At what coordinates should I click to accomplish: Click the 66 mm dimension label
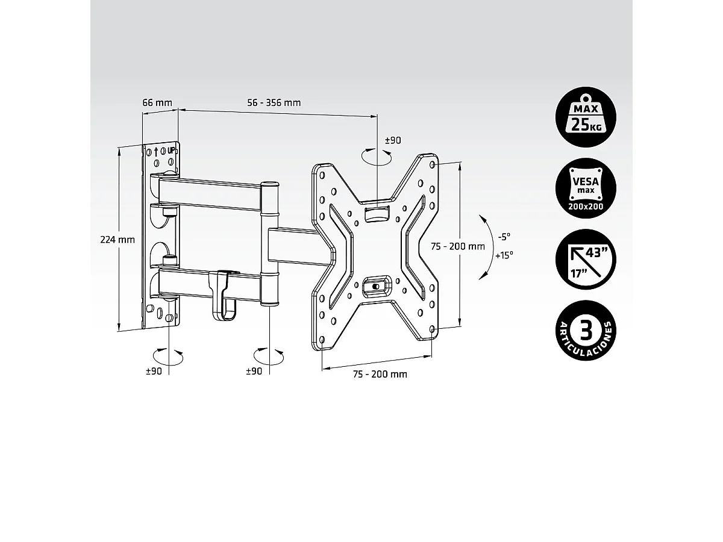tap(157, 102)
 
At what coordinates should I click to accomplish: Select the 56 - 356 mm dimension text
tap(274, 102)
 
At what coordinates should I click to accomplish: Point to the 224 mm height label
tap(117, 239)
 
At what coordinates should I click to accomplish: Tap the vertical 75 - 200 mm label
tap(458, 246)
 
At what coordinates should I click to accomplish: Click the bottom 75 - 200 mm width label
tap(380, 374)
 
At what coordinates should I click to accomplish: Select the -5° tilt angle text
tap(504, 235)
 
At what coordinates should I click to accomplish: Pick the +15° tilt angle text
tap(504, 255)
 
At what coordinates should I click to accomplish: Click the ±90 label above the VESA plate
tap(393, 140)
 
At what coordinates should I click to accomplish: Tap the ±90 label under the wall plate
tap(154, 372)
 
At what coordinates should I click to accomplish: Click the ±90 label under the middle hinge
tap(254, 372)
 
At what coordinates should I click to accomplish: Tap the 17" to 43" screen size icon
tap(586, 260)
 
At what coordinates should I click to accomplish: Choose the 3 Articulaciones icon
tap(586, 330)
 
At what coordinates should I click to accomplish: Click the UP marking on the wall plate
tap(171, 151)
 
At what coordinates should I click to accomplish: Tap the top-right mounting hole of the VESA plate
tap(434, 164)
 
